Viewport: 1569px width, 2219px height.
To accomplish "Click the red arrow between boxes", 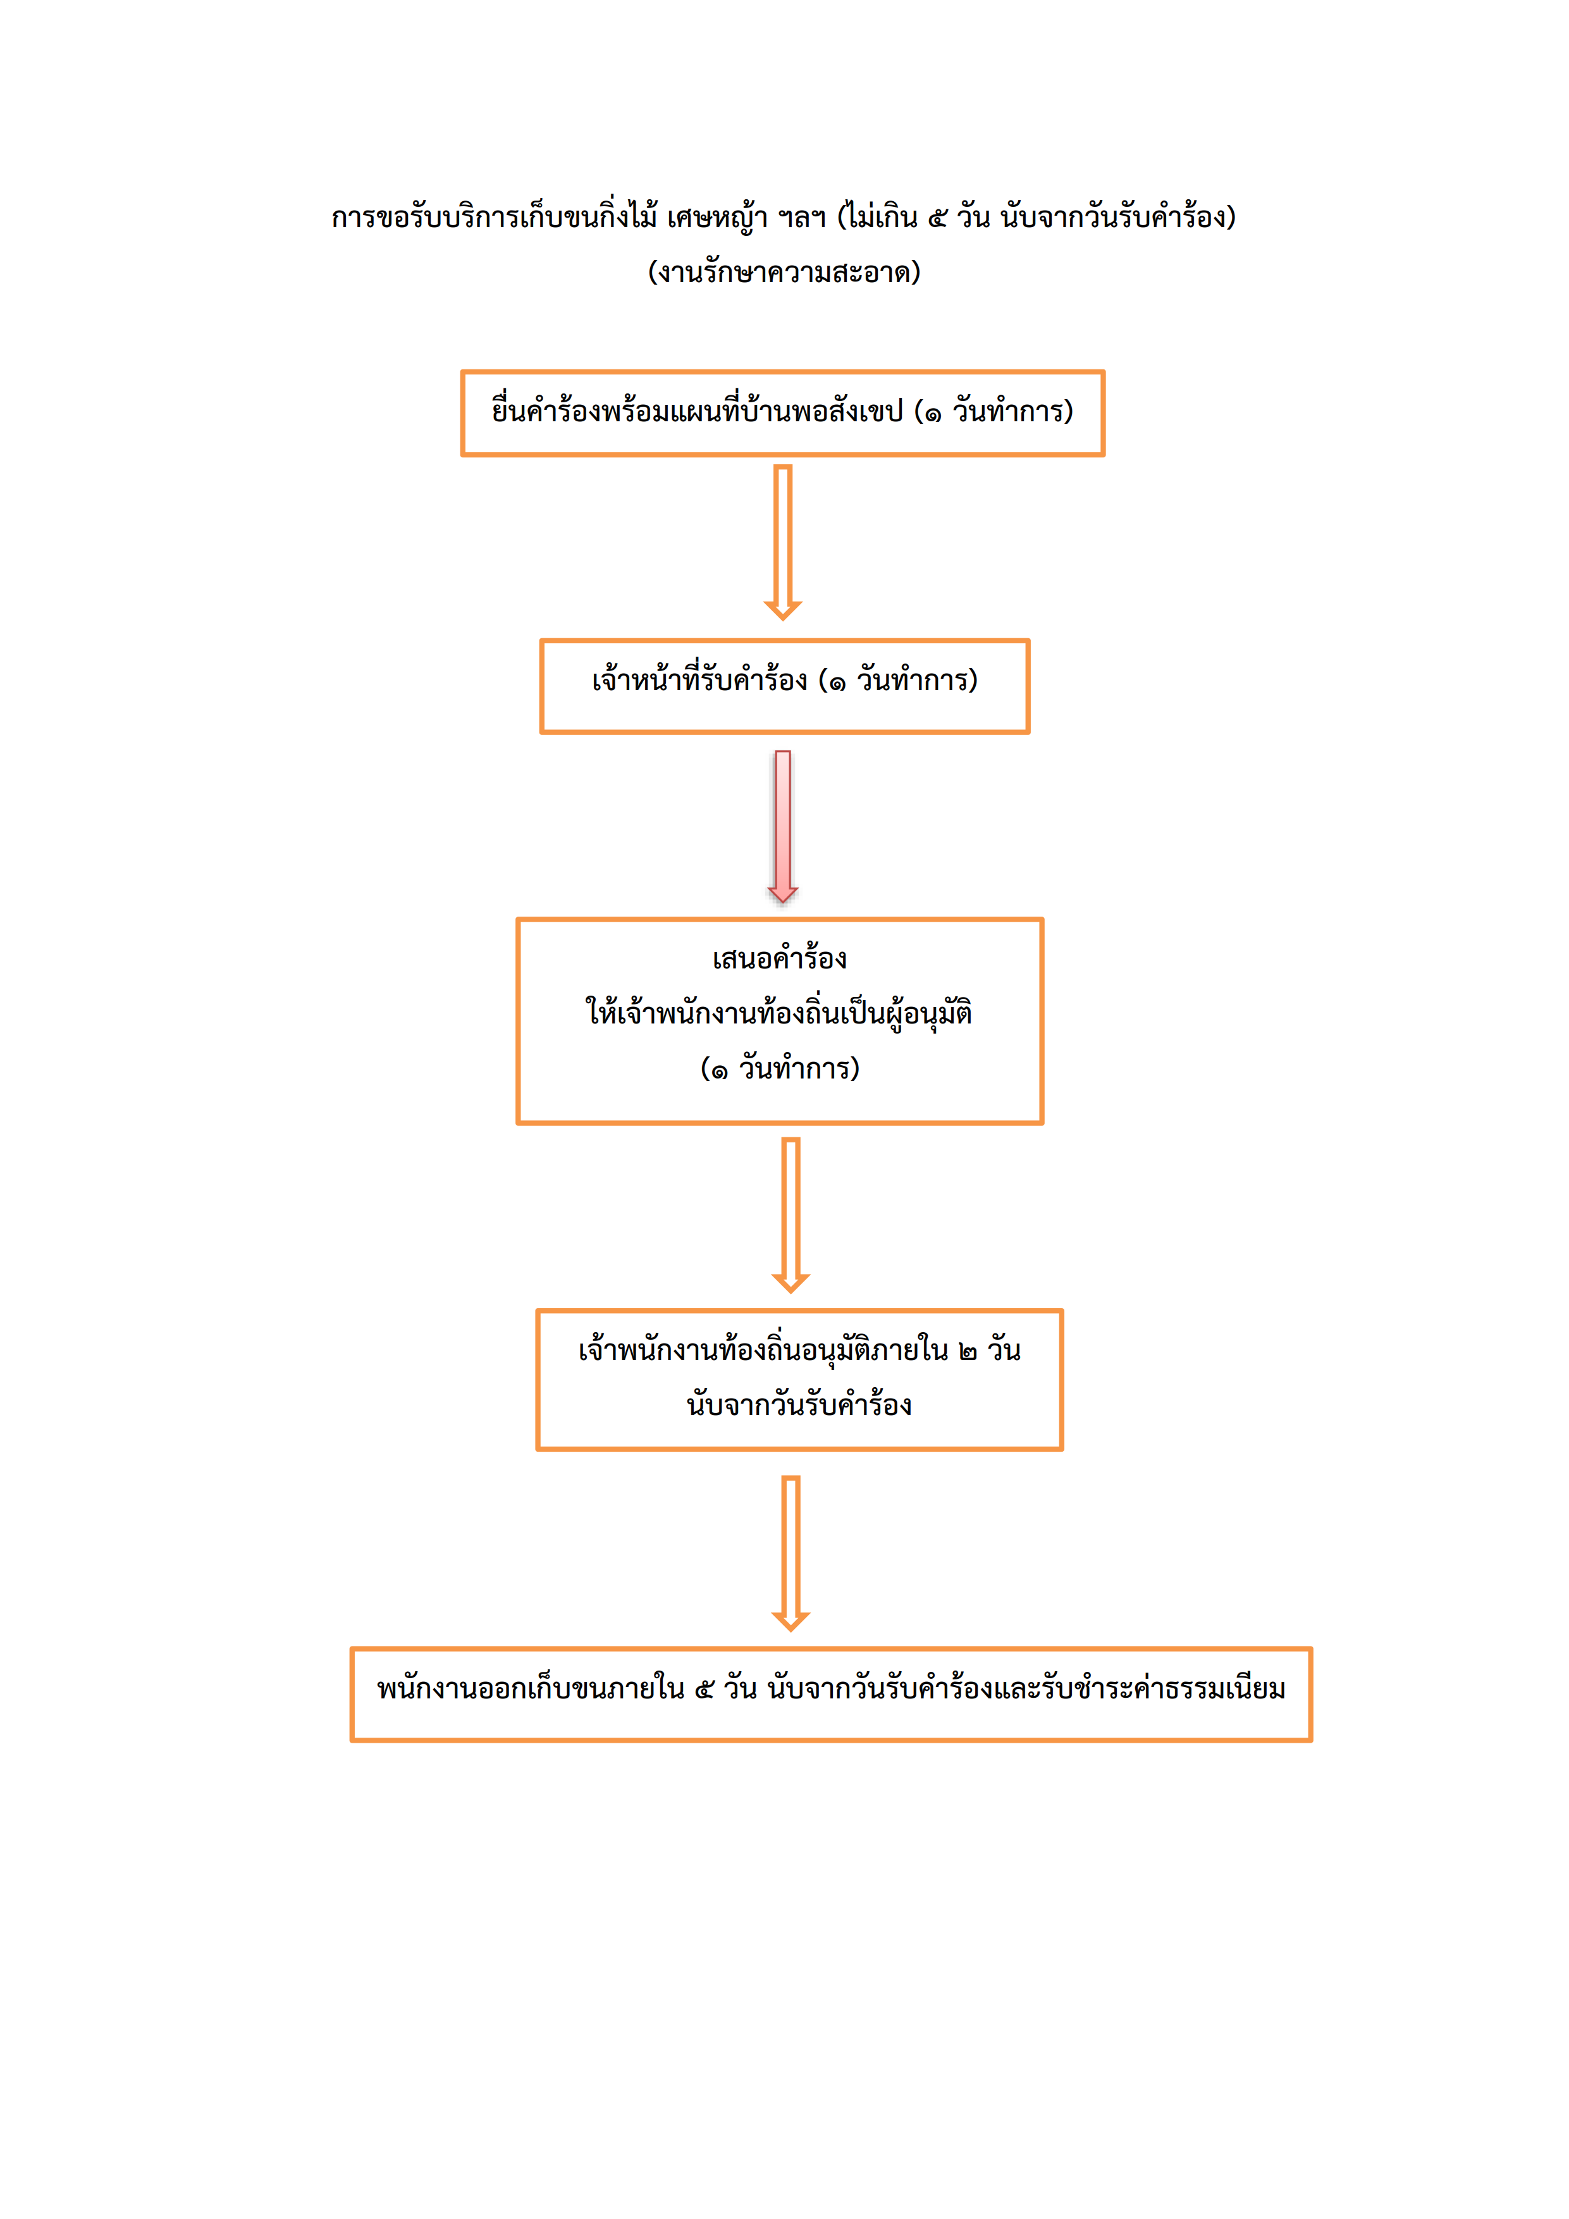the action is [782, 826].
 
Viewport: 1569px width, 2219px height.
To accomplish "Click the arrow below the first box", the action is [782, 542].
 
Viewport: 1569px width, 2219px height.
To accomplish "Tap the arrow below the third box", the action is [791, 1215].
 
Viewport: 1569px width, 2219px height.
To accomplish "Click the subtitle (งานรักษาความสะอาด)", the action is [784, 271].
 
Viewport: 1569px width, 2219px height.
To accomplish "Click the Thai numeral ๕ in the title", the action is [937, 218].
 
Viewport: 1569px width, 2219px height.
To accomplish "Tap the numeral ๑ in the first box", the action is [932, 414].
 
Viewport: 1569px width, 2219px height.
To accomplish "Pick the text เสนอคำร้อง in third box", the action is [780, 958].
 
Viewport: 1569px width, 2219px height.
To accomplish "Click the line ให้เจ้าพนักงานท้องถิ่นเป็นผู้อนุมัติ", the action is [778, 1013].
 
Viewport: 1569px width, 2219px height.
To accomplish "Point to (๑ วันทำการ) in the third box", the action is [780, 1068].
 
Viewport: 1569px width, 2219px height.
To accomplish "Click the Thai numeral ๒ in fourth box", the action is [967, 1351].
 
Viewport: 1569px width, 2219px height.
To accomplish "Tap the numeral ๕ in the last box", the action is [705, 1690].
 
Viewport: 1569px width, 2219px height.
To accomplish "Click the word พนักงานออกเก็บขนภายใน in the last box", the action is [531, 1688].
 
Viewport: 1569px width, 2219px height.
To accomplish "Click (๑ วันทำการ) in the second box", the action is [897, 681].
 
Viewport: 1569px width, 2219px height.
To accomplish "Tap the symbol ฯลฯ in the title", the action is [802, 218].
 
